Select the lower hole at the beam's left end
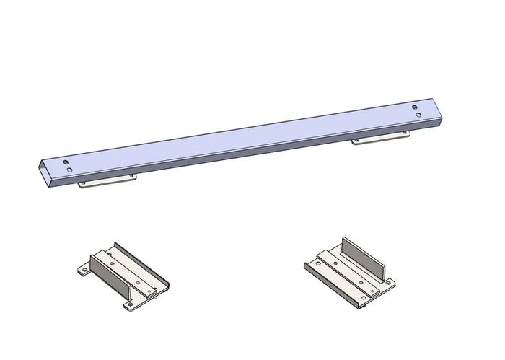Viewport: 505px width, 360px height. (x=70, y=169)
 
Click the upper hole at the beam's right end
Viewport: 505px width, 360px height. (x=415, y=108)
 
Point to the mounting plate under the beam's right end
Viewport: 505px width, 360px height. (x=380, y=139)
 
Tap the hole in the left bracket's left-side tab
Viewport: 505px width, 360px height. (x=84, y=270)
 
